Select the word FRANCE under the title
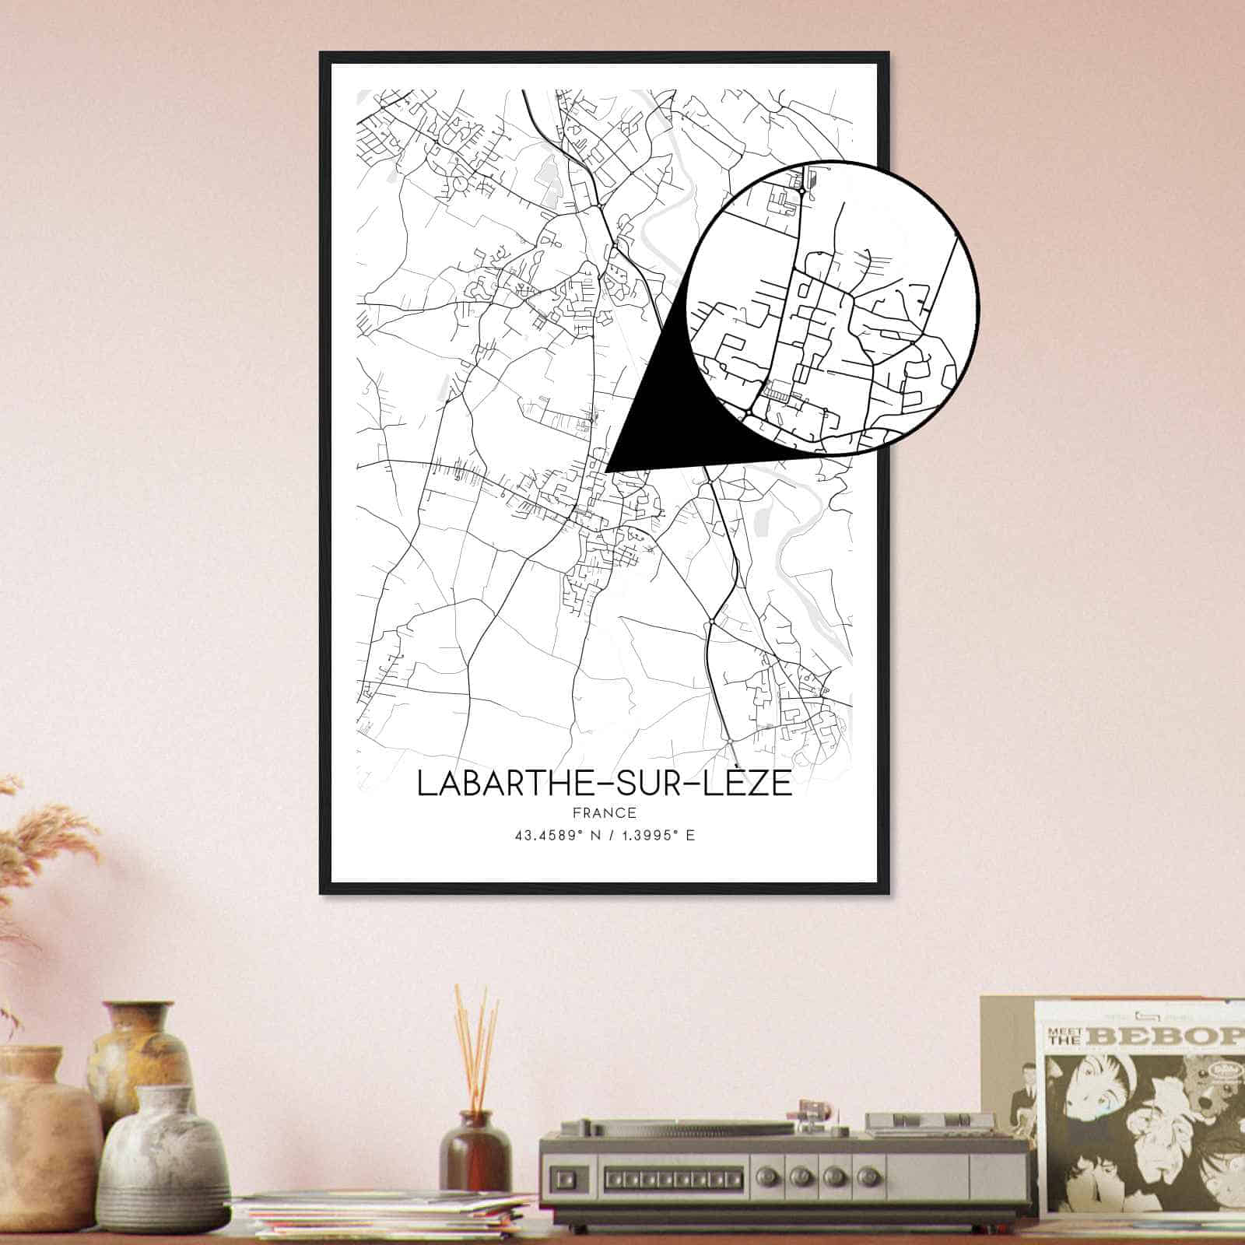tap(604, 813)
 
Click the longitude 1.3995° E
tap(656, 836)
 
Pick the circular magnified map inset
tap(833, 307)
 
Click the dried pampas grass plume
tap(39, 848)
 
